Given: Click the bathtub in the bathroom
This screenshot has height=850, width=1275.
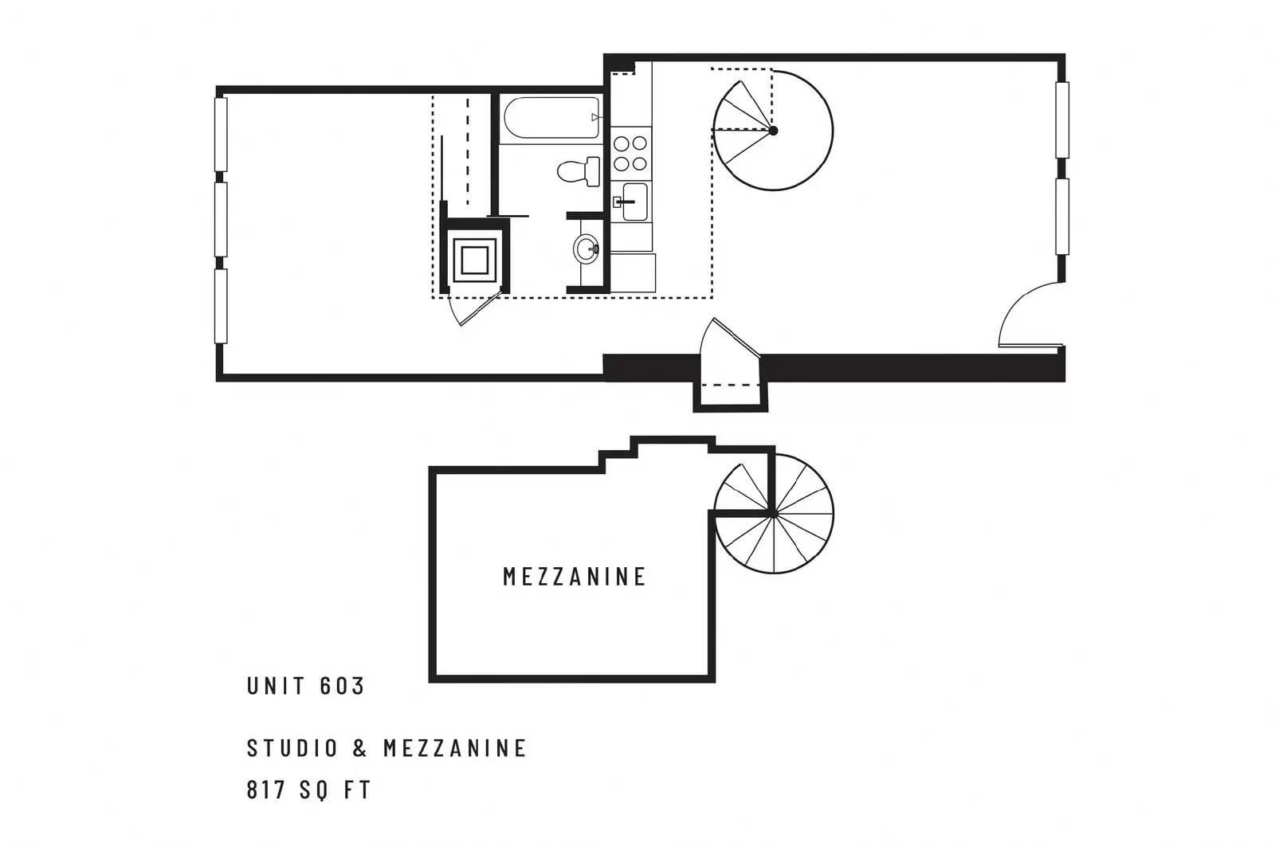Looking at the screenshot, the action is click(x=551, y=118).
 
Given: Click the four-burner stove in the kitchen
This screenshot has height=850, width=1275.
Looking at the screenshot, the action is click(x=630, y=153).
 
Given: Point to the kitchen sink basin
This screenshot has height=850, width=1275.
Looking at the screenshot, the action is click(x=634, y=202).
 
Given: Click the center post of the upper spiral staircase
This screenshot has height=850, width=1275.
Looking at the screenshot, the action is click(x=773, y=131).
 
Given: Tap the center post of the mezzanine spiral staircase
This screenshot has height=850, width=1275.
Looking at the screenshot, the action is click(x=774, y=515).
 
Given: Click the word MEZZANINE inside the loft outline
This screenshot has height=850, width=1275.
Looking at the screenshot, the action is click(x=575, y=576).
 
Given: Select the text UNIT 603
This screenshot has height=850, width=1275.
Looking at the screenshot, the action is click(x=305, y=686).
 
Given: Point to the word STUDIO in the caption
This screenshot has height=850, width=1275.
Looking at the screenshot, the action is click(x=292, y=747).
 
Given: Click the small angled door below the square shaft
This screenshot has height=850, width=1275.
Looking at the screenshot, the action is click(x=473, y=307).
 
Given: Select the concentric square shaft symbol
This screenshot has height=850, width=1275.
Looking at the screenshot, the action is click(x=475, y=261).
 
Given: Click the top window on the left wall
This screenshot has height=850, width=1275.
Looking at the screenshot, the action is click(x=221, y=135).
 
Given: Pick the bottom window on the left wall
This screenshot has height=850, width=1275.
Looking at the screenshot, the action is click(x=221, y=306).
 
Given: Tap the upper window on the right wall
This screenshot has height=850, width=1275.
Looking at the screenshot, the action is click(x=1062, y=120).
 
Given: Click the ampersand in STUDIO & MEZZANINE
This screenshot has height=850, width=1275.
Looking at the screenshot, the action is click(x=360, y=747).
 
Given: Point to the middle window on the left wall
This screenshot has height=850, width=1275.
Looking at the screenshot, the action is click(x=221, y=220).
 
